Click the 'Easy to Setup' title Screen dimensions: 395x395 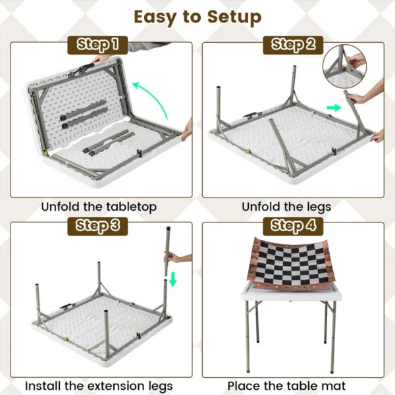click(x=197, y=16)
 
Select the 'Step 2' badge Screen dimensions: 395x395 click(x=293, y=45)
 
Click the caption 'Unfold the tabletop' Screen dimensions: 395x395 click(x=99, y=207)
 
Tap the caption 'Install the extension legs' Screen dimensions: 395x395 click(x=99, y=385)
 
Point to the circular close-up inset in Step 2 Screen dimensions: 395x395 click(x=344, y=66)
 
